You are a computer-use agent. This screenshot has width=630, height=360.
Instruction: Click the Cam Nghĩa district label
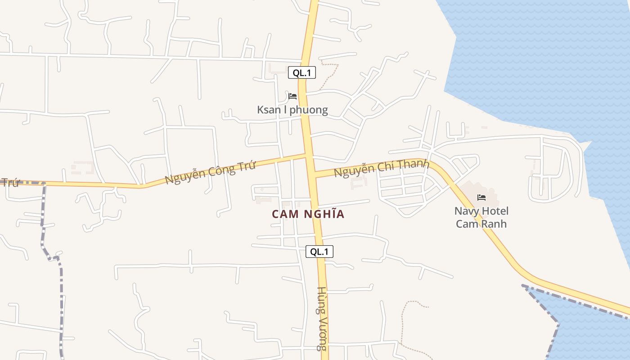pyautogui.click(x=308, y=214)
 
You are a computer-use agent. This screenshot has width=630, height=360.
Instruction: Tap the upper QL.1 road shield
pyautogui.click(x=302, y=72)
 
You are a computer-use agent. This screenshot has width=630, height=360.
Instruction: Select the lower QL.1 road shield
pyautogui.click(x=319, y=252)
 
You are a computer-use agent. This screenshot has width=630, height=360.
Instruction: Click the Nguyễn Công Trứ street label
pyautogui.click(x=210, y=172)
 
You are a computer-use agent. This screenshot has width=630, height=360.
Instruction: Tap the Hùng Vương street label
pyautogui.click(x=321, y=318)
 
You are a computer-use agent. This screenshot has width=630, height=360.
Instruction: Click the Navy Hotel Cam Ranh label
pyautogui.click(x=481, y=217)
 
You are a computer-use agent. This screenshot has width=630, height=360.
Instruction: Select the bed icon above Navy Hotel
pyautogui.click(x=481, y=198)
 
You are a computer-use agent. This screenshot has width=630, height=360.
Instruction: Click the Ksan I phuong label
pyautogui.click(x=292, y=110)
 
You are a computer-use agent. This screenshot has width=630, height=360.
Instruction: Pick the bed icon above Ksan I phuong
pyautogui.click(x=292, y=96)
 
